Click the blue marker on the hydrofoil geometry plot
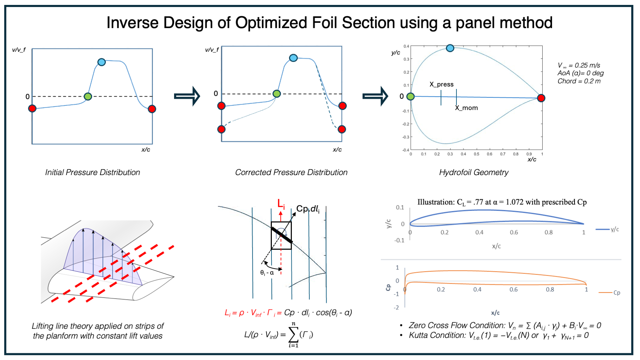click(x=450, y=48)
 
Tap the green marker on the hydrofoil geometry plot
click(x=410, y=96)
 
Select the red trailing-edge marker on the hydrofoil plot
click(x=541, y=98)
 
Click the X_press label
click(x=441, y=84)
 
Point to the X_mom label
click(x=466, y=108)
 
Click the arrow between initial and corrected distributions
click(x=187, y=96)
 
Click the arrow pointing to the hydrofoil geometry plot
click(x=375, y=96)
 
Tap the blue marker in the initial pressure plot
click(x=102, y=62)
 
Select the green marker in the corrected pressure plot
click(x=277, y=94)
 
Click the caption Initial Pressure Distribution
click(x=92, y=172)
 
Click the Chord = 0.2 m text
click(x=579, y=81)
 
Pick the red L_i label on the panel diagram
click(x=281, y=204)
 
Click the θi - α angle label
click(x=267, y=273)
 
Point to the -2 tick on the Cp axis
click(x=397, y=308)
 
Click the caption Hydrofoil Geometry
click(x=473, y=172)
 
